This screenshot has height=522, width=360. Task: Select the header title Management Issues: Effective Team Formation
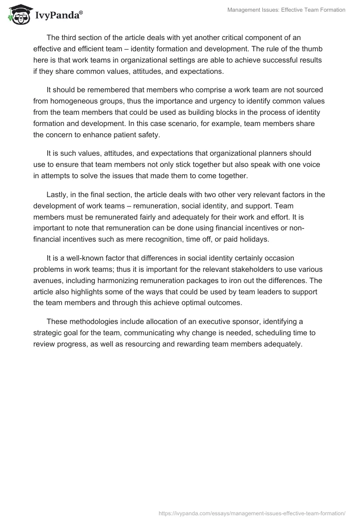click(287, 10)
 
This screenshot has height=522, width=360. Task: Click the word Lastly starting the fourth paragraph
click(58, 195)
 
